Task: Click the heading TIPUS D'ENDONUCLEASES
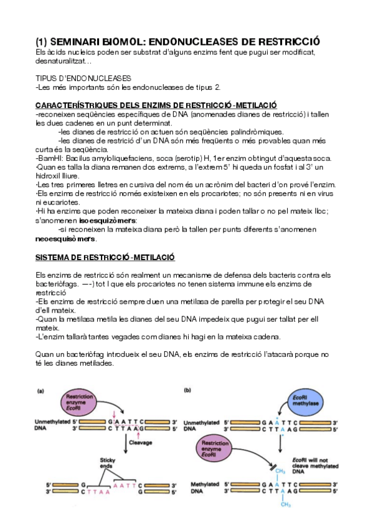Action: click(83, 79)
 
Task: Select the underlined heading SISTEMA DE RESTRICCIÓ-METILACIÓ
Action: click(105, 258)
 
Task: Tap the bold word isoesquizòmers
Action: click(108, 221)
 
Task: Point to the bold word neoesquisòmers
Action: click(65, 239)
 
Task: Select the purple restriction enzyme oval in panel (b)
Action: click(214, 449)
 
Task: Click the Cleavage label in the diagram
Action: click(140, 442)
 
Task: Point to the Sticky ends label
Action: click(107, 463)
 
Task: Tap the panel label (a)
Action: click(40, 391)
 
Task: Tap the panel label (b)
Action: click(187, 391)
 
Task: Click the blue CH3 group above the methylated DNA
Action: click(280, 471)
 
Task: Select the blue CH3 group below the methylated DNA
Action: click(285, 505)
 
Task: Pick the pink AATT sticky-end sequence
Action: click(125, 485)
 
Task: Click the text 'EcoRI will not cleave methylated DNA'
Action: click(315, 465)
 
